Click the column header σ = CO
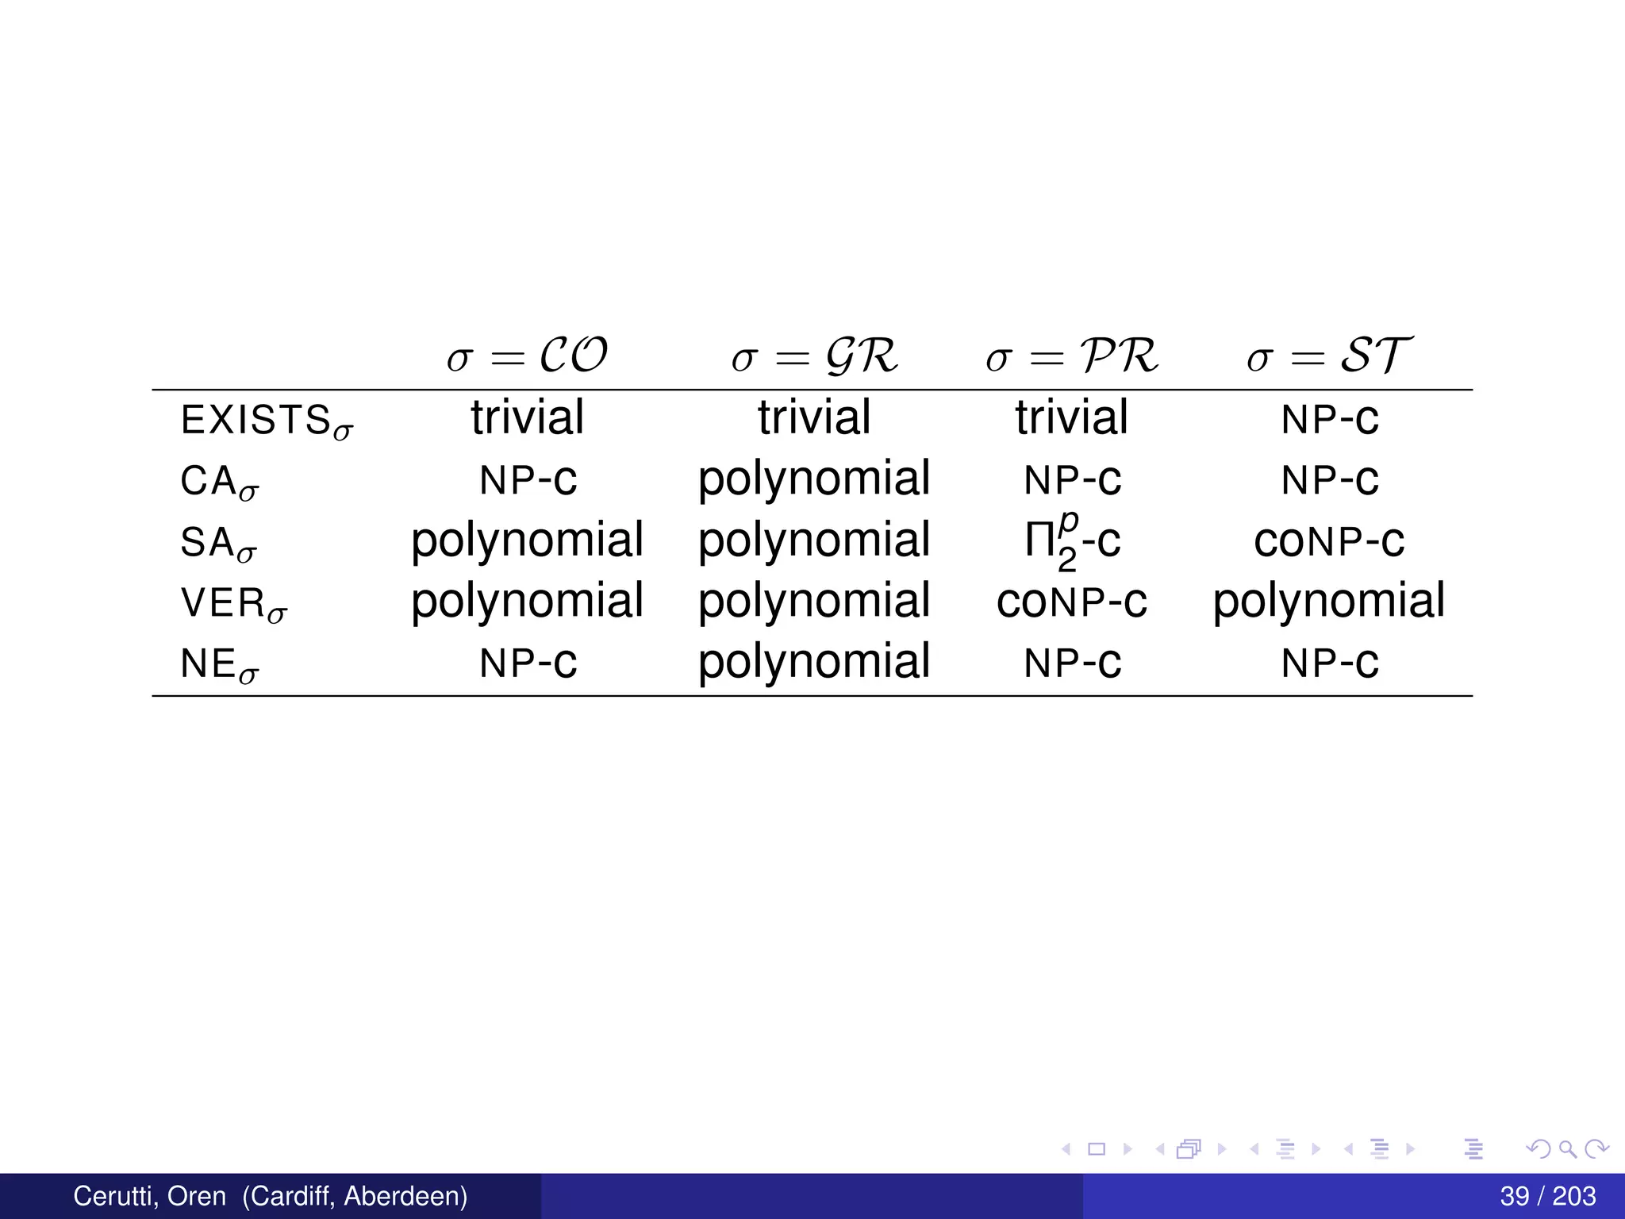(527, 356)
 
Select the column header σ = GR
(814, 356)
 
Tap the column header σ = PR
(1072, 356)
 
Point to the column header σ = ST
(1329, 356)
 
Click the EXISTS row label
(267, 421)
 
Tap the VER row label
(234, 604)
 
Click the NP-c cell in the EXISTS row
(1330, 418)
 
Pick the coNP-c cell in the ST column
(1329, 541)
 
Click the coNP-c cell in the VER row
(1072, 602)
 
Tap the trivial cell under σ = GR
(814, 417)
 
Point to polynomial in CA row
(814, 479)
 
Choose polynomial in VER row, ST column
(1329, 602)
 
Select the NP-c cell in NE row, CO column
(528, 663)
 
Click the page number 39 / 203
(1547, 1196)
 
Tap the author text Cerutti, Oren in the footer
(149, 1196)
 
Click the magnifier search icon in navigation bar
(1567, 1148)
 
